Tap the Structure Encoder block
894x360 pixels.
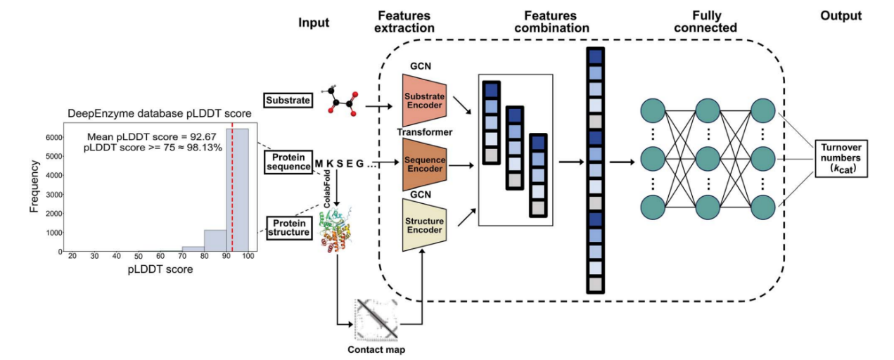(x=423, y=225)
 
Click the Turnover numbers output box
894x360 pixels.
(x=842, y=158)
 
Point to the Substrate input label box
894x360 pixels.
(x=288, y=101)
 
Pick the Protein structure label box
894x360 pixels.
(x=288, y=226)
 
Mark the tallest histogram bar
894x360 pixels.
(x=237, y=190)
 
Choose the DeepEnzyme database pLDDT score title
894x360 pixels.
(x=160, y=113)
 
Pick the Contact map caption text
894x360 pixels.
(x=376, y=349)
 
